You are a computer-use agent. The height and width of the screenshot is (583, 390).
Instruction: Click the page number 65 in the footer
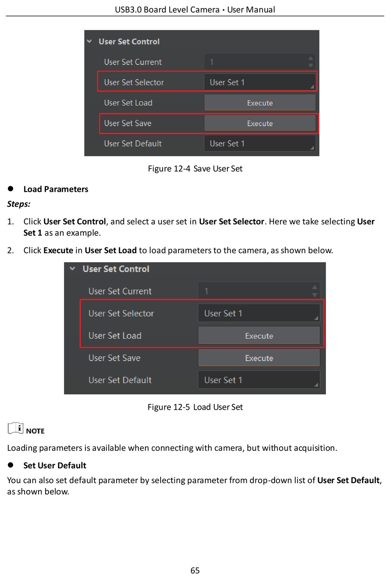click(x=195, y=570)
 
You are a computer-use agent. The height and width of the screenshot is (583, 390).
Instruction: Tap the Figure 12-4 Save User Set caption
click(x=195, y=168)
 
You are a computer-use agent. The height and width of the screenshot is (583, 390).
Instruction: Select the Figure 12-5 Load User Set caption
click(x=195, y=407)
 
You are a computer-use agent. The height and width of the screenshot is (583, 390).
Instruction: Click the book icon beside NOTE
click(x=16, y=428)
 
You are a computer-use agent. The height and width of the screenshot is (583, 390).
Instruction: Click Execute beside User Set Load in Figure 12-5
click(x=259, y=336)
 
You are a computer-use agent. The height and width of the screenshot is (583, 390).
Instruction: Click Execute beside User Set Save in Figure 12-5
click(x=259, y=358)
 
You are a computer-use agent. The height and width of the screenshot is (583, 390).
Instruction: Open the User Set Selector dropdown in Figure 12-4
click(x=260, y=82)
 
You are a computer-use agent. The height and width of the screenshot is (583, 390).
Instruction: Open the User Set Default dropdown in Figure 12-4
click(x=260, y=143)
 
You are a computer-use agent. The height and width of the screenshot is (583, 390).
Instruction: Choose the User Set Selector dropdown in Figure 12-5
click(x=259, y=313)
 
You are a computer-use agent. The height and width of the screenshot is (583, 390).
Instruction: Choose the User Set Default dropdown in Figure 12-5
click(x=259, y=380)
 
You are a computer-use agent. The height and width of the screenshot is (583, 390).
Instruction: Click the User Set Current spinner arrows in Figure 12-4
click(x=311, y=62)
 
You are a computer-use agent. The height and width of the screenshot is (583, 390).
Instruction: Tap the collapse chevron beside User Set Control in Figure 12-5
click(x=73, y=269)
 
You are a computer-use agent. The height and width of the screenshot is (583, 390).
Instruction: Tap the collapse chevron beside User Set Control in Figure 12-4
click(x=89, y=41)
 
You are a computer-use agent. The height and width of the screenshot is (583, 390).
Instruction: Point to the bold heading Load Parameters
click(x=56, y=189)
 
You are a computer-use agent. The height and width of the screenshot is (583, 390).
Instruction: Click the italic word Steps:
click(x=19, y=204)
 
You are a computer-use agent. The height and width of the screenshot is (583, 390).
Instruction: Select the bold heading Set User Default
click(x=55, y=465)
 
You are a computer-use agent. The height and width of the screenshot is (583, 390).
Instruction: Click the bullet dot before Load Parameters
click(x=11, y=189)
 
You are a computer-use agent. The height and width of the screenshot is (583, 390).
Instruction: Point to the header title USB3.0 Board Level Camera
click(x=167, y=9)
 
